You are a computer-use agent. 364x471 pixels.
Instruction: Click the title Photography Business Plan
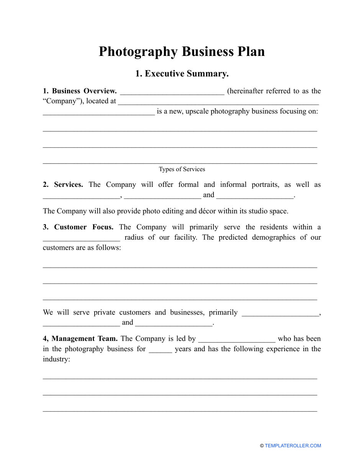tap(182, 52)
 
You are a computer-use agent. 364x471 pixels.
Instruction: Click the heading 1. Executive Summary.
tap(182, 74)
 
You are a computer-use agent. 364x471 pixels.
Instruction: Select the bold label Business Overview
tap(84, 91)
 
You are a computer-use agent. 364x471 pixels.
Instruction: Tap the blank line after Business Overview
tap(172, 92)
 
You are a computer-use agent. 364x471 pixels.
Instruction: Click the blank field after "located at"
tap(218, 103)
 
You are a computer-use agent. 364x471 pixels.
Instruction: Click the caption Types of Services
tap(182, 169)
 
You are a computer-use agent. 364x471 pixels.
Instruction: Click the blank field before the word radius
tap(81, 238)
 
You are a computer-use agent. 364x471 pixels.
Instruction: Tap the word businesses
tap(184, 312)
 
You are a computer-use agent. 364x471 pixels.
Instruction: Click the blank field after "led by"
tap(237, 340)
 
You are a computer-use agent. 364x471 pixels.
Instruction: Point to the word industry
tap(56, 360)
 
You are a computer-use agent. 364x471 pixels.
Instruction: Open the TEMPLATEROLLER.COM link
tap(293, 446)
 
